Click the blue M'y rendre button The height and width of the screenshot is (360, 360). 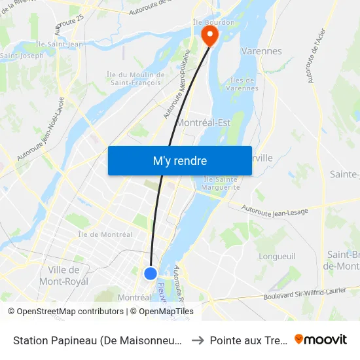point(180,161)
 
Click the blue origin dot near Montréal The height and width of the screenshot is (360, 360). point(151,274)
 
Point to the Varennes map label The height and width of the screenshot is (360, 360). point(261,51)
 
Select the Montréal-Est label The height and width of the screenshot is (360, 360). point(204,122)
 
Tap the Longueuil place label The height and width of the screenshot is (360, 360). point(278,256)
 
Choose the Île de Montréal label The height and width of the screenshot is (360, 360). point(105,234)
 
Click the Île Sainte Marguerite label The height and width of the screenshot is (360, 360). point(221,183)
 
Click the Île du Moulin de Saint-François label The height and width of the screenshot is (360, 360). point(135,79)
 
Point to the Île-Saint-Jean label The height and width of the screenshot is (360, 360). point(60,45)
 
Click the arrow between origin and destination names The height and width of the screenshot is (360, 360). point(197,340)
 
